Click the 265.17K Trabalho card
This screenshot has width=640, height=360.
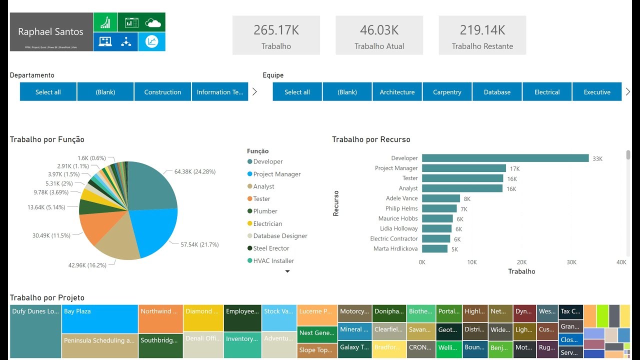coord(276,35)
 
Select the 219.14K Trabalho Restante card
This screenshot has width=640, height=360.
coord(482,35)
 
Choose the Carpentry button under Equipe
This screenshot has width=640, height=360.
coord(447,92)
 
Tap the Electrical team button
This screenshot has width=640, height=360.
coord(547,92)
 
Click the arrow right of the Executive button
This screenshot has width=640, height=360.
coord(628,91)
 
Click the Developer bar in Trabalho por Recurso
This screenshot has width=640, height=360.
coord(505,158)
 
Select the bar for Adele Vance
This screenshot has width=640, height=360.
coord(440,198)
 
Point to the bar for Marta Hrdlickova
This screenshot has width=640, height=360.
coord(434,248)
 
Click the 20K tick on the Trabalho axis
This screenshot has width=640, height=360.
coord(521,262)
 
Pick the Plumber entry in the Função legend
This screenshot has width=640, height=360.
coord(265,211)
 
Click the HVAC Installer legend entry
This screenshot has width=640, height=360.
coord(273,260)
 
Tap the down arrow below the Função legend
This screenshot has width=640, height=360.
coord(287,271)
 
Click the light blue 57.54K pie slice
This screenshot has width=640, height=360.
coord(155,230)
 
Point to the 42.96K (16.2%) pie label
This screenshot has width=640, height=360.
coord(87,265)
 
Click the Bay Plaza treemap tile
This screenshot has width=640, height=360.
coord(100,319)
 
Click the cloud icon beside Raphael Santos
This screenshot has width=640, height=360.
coord(152,22)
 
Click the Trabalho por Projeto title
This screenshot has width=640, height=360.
coord(47,297)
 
